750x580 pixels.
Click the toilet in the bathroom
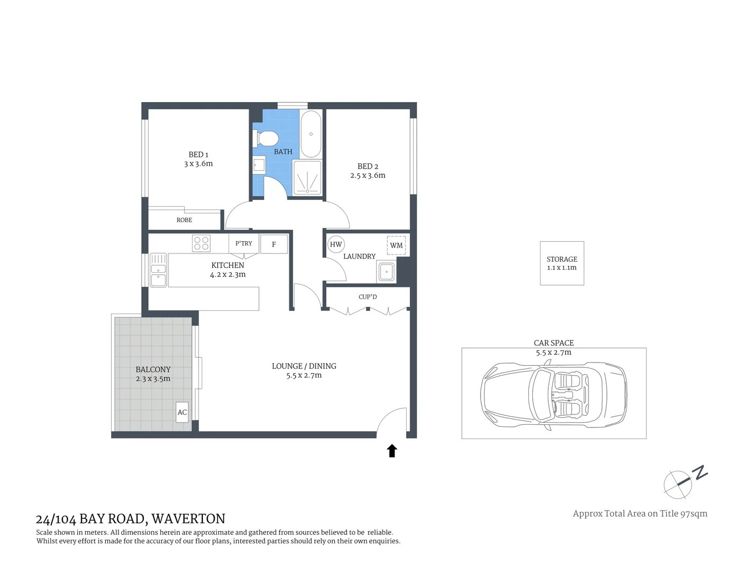click(x=267, y=138)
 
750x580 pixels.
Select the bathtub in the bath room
click(x=311, y=134)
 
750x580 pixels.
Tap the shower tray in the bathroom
click(x=307, y=177)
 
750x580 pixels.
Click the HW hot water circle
click(x=336, y=244)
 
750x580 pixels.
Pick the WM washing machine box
click(x=396, y=245)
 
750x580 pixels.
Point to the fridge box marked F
click(x=274, y=244)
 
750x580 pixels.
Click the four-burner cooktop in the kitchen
click(x=201, y=243)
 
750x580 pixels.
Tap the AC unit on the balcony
click(x=182, y=412)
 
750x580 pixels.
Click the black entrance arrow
click(x=392, y=451)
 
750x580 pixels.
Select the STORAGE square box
click(x=562, y=263)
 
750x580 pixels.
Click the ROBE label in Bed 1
click(x=184, y=220)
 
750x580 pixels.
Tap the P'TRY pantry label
click(x=244, y=243)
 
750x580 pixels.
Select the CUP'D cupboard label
click(x=367, y=297)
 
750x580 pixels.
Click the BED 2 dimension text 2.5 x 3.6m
click(x=367, y=176)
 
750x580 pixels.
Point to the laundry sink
click(x=386, y=272)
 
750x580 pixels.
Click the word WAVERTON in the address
click(x=188, y=519)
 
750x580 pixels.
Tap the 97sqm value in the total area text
click(x=694, y=513)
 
